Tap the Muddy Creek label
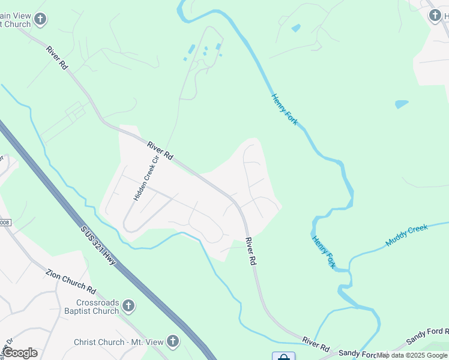(x=408, y=235)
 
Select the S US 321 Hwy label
(x=98, y=246)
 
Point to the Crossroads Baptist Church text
(x=98, y=307)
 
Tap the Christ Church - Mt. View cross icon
(x=173, y=342)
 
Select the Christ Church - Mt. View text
(x=118, y=342)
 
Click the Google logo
(x=20, y=353)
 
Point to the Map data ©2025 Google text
(x=412, y=355)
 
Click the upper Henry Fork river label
(x=285, y=109)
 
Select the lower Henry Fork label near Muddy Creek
(x=324, y=251)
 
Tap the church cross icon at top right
(x=435, y=16)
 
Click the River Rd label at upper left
(x=56, y=57)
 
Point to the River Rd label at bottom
(x=316, y=344)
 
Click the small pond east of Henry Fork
(x=402, y=104)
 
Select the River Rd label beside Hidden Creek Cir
(x=160, y=150)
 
